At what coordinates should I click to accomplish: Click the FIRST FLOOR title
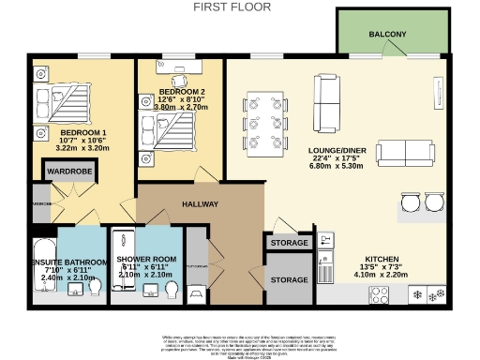pyautogui.click(x=232, y=7)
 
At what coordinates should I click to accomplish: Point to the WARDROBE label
pyautogui.click(x=67, y=172)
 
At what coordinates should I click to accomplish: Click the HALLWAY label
pyautogui.click(x=200, y=203)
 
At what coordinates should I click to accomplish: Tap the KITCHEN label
pyautogui.click(x=382, y=258)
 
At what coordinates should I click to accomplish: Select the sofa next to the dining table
pyautogui.click(x=327, y=103)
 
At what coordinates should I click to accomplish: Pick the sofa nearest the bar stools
pyautogui.click(x=404, y=155)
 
